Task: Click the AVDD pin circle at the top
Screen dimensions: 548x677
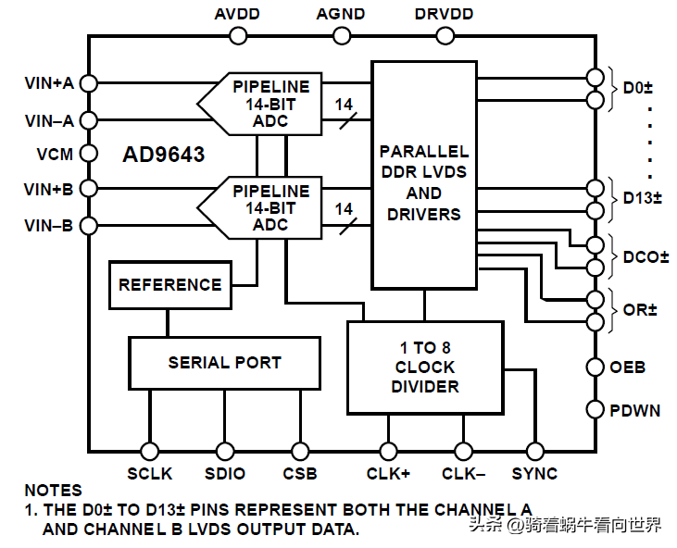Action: tap(237, 36)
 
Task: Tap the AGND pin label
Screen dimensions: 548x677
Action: tap(341, 15)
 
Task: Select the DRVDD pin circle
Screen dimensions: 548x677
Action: tap(445, 36)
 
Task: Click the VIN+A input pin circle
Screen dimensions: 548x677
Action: tap(89, 82)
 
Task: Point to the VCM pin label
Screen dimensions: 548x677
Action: tap(55, 153)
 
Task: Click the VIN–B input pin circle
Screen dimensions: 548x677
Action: tap(89, 225)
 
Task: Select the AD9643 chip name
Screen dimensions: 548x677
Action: tap(164, 154)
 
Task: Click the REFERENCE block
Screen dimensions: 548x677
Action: tap(169, 285)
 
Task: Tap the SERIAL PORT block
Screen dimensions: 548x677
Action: tap(224, 363)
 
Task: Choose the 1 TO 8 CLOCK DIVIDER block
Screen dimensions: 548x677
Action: tap(425, 367)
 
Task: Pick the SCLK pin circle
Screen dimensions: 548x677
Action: tap(149, 451)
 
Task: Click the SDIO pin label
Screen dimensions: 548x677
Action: tap(225, 474)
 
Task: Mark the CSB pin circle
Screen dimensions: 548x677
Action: tap(299, 451)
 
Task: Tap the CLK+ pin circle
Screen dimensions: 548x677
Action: tap(388, 451)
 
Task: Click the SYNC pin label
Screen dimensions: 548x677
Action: tap(534, 474)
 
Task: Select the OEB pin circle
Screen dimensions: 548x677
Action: tap(595, 367)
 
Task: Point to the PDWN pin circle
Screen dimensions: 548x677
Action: tap(595, 409)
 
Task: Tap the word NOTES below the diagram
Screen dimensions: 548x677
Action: tap(53, 491)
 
